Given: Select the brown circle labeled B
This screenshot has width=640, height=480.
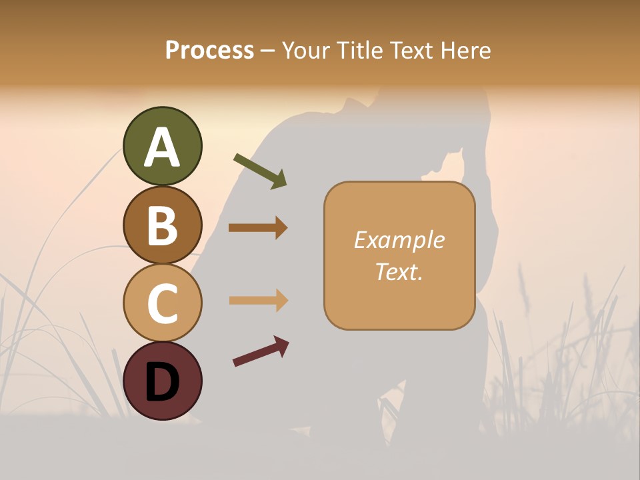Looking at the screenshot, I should (162, 225).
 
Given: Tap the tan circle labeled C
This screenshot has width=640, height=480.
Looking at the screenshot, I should (162, 303).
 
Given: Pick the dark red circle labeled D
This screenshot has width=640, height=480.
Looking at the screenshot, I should (162, 380).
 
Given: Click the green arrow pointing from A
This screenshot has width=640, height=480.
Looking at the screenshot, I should (260, 171).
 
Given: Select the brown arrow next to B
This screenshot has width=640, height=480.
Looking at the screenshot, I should (258, 228).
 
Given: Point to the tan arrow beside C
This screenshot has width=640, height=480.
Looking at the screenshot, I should (258, 300).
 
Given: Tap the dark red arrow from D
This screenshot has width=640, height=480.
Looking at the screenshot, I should (261, 351).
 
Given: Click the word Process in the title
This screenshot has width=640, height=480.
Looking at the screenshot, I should (209, 50).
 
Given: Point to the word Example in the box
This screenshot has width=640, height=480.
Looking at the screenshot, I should (399, 240).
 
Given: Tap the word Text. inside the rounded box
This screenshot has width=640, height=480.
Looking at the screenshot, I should (399, 272).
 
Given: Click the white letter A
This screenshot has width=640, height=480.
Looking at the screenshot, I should (162, 147).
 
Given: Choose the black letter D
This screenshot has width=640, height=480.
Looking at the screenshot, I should (162, 382).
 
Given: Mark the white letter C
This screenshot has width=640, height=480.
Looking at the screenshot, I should (162, 304).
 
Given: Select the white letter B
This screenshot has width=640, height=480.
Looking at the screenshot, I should (162, 226).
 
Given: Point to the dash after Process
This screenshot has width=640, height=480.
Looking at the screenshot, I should (268, 51).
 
